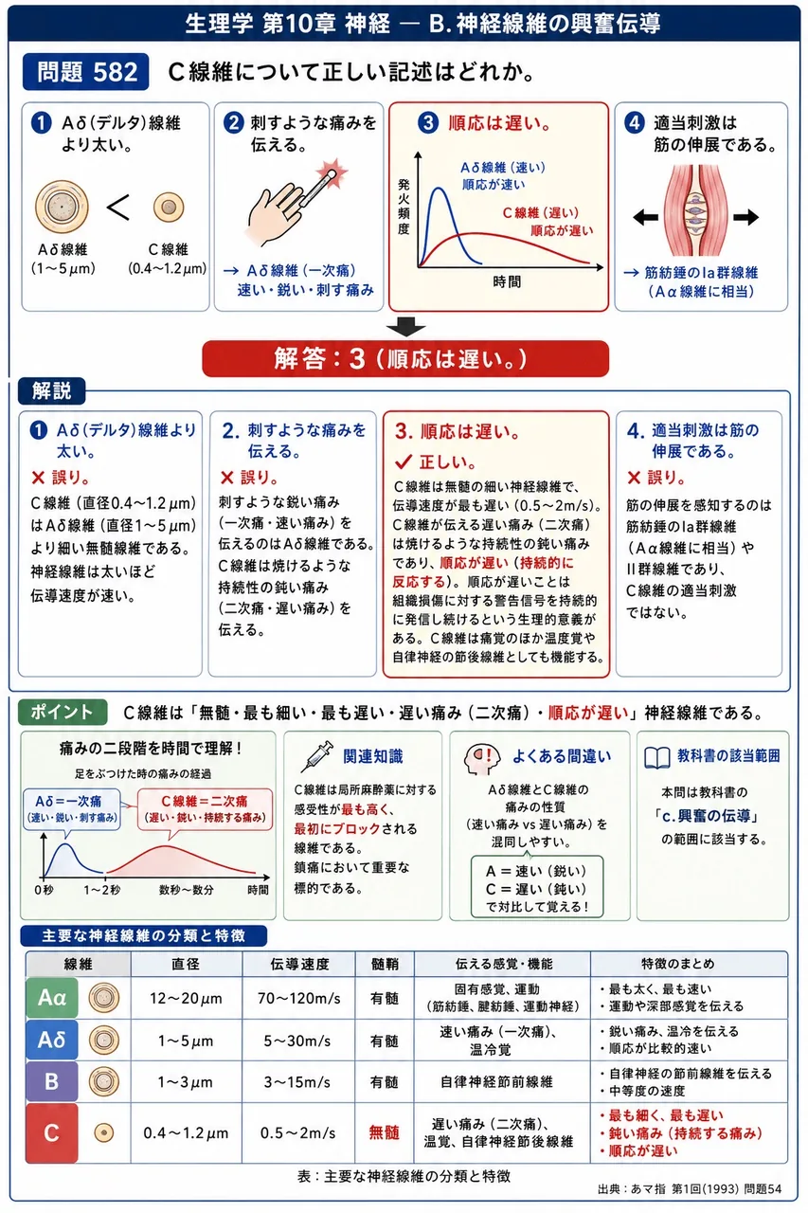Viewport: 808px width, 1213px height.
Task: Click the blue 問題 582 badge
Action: (x=85, y=71)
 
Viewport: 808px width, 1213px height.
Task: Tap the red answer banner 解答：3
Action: (x=405, y=358)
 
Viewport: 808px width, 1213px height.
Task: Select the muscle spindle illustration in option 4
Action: (x=698, y=210)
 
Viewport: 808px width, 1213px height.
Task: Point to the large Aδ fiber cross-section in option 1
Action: (x=62, y=207)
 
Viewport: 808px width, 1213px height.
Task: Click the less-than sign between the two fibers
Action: (x=118, y=208)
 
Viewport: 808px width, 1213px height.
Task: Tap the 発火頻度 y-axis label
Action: (x=404, y=207)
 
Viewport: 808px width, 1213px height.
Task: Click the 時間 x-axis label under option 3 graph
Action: (x=507, y=281)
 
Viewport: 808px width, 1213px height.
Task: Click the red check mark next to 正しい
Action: (x=404, y=462)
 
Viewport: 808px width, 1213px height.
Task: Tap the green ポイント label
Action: (x=63, y=712)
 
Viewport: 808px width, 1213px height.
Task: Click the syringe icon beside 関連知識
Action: (x=320, y=756)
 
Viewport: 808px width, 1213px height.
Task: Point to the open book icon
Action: (x=657, y=757)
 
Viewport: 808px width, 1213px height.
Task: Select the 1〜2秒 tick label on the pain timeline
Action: (x=101, y=890)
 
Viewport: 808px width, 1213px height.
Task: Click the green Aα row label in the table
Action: (x=52, y=998)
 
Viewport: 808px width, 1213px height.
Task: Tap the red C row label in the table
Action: (x=52, y=1132)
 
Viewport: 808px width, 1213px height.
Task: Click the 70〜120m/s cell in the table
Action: (x=298, y=998)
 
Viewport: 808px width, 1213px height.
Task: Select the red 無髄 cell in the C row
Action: (x=385, y=1132)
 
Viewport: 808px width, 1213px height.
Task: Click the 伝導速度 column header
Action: (x=299, y=964)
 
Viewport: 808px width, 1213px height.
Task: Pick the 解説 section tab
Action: (x=52, y=390)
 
